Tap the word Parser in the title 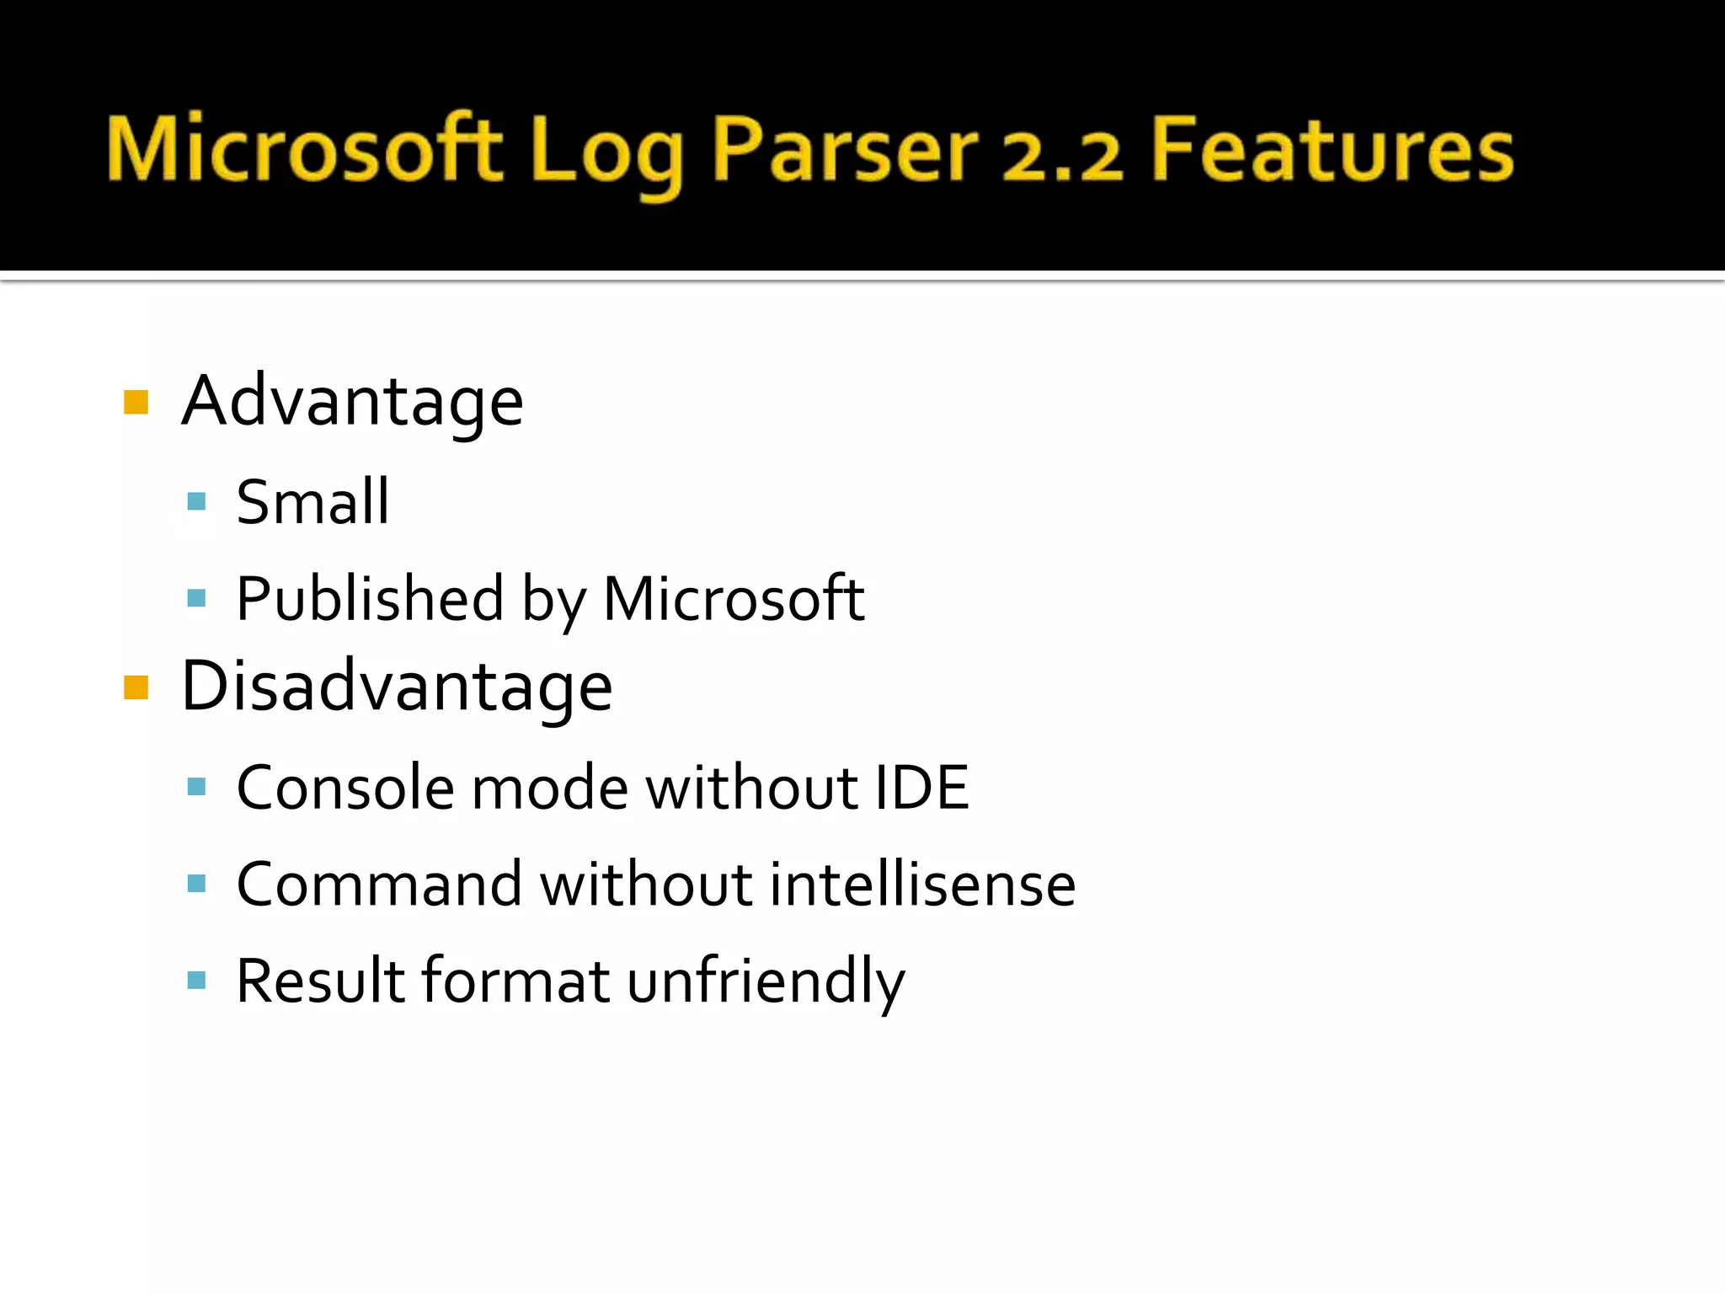pos(845,150)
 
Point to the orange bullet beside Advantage pos(136,403)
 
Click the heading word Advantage pos(352,402)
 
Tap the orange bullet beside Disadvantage pos(136,687)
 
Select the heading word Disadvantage pos(397,686)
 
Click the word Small pos(312,503)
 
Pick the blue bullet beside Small pos(197,502)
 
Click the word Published pos(370,598)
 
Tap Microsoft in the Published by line pos(734,598)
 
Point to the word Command pos(379,885)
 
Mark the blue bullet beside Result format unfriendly pos(197,980)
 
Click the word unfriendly pos(766,981)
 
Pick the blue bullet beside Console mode pos(197,787)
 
